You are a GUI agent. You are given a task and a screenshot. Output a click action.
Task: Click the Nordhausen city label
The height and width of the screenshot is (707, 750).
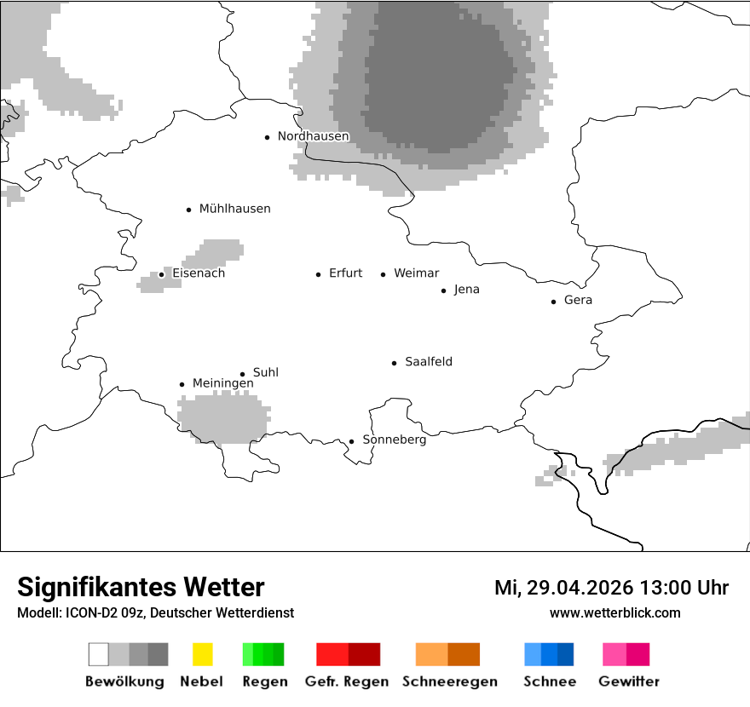coord(313,136)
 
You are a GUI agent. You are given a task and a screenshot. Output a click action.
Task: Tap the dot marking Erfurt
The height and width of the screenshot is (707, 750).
coord(318,274)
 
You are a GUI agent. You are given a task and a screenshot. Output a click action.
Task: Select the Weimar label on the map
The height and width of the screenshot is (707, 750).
coord(416,273)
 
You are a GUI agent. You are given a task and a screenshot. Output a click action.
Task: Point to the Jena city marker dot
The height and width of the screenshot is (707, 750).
coord(443,290)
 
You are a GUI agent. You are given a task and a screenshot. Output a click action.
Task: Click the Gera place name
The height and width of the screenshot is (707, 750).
coord(578,301)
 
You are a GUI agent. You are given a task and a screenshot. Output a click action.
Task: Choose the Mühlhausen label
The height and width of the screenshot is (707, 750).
coord(234,209)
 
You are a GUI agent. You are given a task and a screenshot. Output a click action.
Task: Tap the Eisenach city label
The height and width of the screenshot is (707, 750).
coord(199,273)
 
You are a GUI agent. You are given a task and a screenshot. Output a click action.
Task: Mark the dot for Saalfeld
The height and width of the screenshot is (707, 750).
coord(394,363)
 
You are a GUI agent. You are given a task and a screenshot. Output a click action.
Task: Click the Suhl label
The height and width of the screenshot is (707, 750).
coord(265,373)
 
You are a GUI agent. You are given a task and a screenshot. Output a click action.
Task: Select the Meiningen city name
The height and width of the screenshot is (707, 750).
coord(222,384)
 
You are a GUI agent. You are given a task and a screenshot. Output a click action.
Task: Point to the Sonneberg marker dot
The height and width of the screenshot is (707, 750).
coord(351,441)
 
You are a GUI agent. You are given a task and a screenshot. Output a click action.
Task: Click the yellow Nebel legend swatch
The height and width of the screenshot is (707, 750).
coord(202,654)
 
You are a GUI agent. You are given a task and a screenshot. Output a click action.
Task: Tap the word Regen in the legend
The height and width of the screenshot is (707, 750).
coord(264,681)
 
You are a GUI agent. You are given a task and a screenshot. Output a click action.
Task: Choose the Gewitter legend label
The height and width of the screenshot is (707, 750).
coord(628,681)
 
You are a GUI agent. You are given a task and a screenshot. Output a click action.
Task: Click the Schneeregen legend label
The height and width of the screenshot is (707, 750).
coord(449,681)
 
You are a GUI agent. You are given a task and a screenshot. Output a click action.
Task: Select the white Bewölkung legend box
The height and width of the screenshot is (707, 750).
coord(98,654)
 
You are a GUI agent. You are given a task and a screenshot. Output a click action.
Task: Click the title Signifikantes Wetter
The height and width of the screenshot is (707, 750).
coord(141,588)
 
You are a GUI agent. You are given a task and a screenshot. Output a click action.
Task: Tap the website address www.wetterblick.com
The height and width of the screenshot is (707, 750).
coord(614,613)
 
